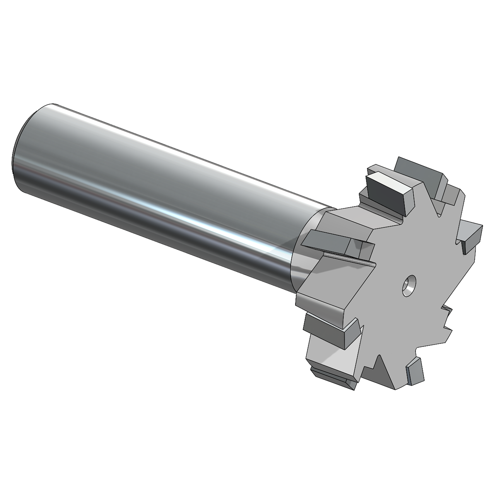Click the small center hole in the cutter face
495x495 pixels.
(408, 285)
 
